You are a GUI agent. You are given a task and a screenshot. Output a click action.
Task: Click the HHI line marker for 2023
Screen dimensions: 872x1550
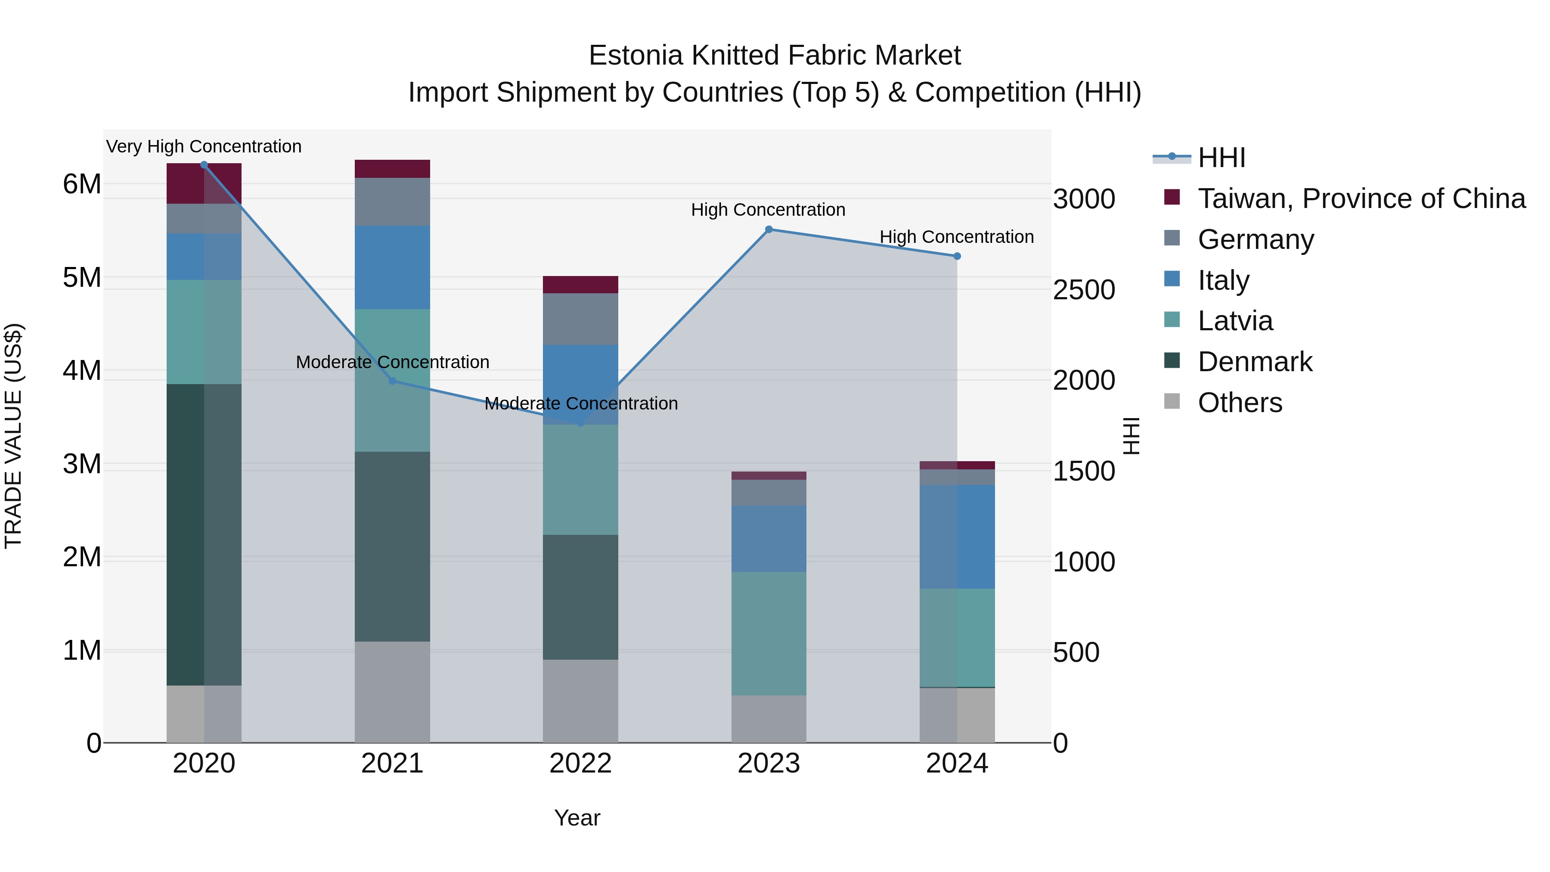[769, 229]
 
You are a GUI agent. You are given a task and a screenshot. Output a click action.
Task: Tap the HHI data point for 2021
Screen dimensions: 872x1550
[392, 381]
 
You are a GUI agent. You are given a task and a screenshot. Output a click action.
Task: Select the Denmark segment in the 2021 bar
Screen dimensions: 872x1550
[392, 546]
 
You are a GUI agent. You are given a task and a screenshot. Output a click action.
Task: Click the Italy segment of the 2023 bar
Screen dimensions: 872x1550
[769, 539]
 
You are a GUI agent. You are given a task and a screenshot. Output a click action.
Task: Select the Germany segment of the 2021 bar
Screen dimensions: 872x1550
[392, 202]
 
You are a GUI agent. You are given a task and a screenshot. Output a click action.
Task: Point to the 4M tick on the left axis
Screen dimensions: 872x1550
[82, 370]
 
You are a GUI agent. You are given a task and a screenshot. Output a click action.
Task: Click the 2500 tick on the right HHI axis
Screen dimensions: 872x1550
[1084, 290]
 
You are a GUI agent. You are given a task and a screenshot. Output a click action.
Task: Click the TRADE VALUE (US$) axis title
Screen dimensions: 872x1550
[13, 436]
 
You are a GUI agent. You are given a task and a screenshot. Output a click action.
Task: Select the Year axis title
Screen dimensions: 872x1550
[577, 818]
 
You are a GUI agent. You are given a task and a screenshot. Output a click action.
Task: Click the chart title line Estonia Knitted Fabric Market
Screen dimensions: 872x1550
[775, 56]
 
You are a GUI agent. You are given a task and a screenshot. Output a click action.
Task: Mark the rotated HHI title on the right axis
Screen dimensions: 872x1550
[1131, 436]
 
